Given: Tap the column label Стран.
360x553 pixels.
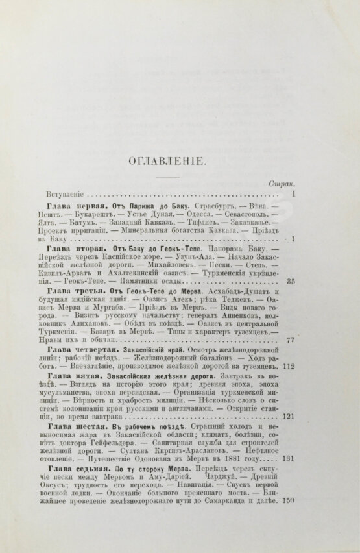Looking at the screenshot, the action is [x=283, y=184].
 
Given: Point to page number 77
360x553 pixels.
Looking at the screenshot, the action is [x=291, y=360].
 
